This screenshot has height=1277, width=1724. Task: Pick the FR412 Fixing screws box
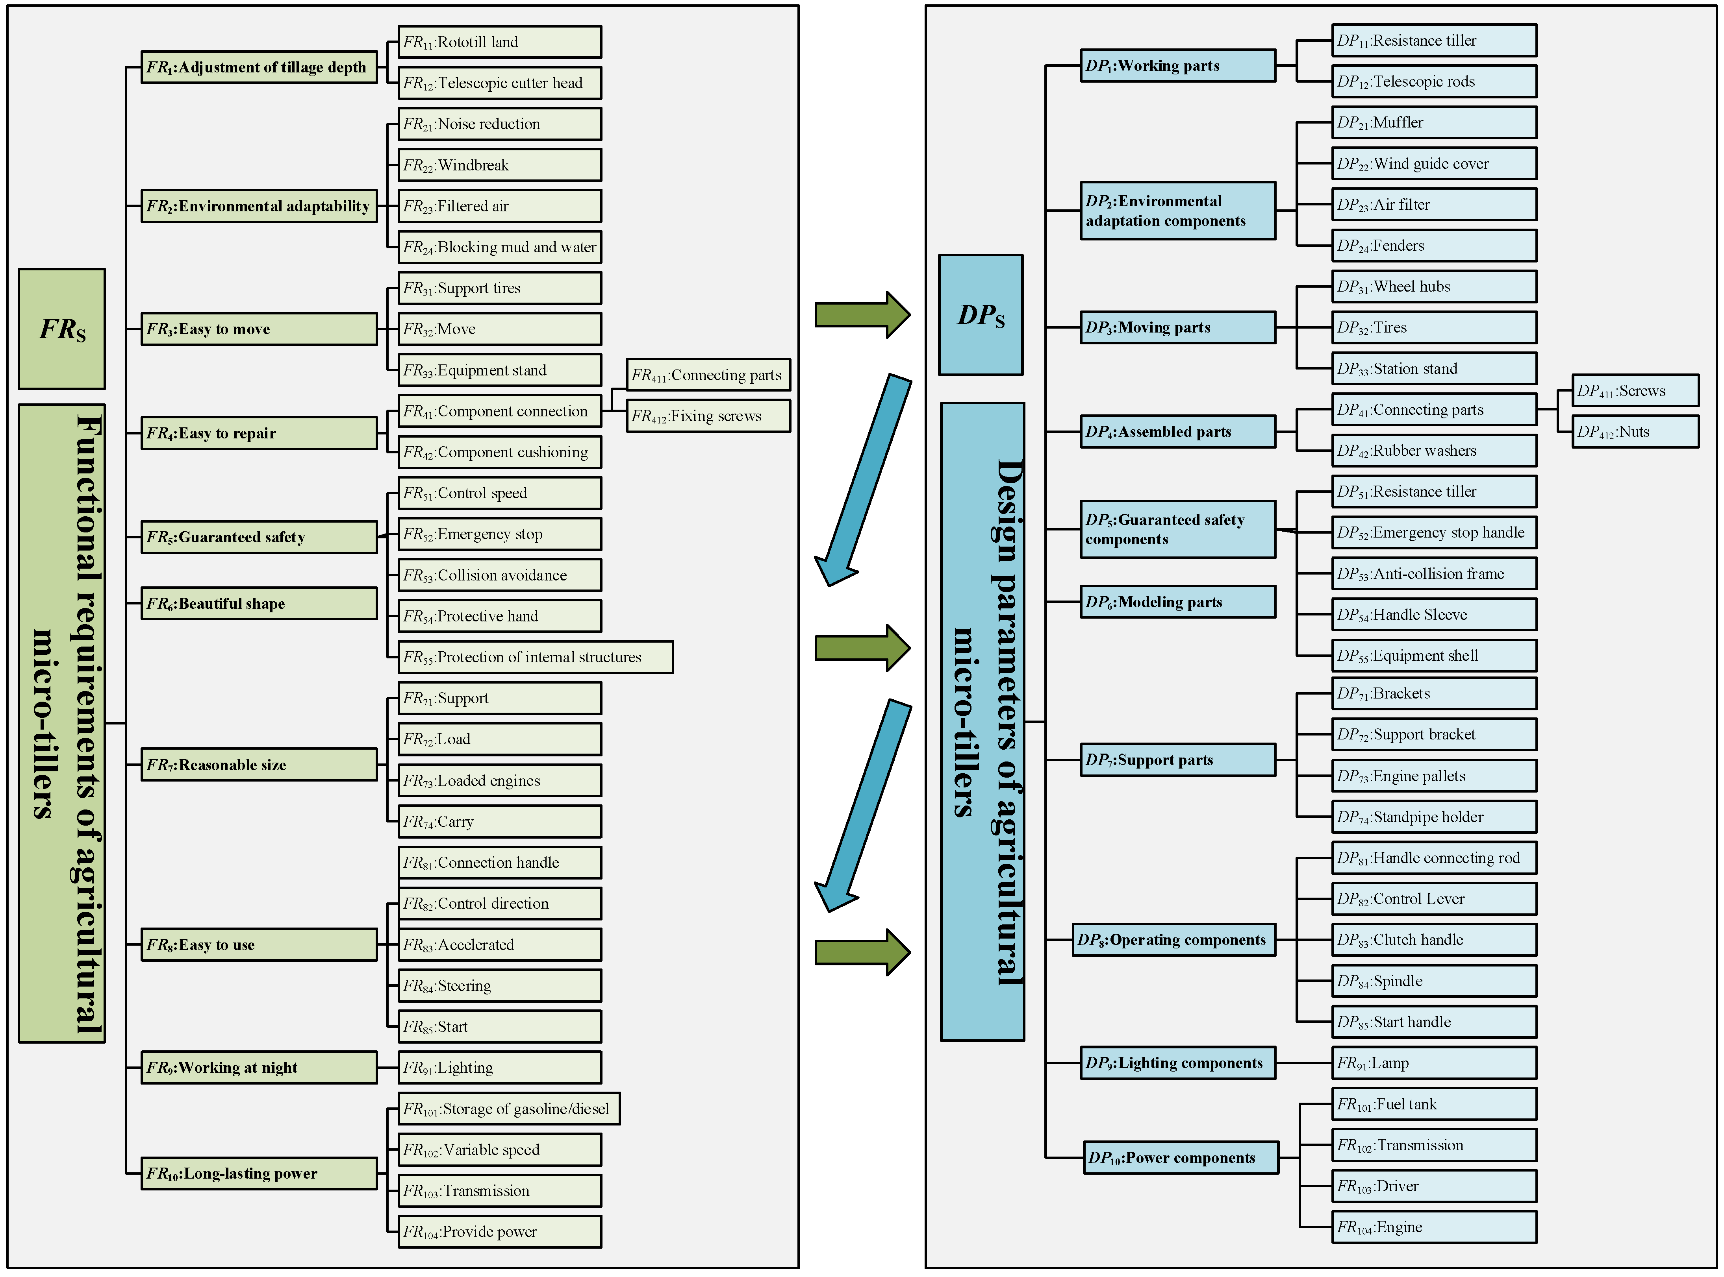click(x=708, y=416)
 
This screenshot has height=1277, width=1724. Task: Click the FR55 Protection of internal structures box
click(x=535, y=657)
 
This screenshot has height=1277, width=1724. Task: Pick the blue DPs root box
click(x=980, y=314)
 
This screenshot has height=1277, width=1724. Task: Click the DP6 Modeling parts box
click(x=1177, y=602)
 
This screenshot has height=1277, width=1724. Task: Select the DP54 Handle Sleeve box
click(x=1433, y=615)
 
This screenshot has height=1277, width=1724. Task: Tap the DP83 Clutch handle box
click(x=1433, y=940)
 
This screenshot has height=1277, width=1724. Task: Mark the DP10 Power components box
click(x=1180, y=1158)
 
